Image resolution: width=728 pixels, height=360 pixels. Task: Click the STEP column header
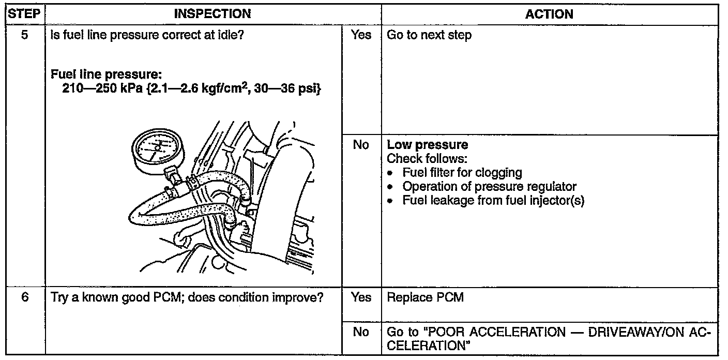[24, 14]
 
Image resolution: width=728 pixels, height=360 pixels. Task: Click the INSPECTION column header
[213, 14]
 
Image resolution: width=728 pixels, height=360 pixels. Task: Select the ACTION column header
[549, 14]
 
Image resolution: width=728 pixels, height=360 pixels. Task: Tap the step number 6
[24, 298]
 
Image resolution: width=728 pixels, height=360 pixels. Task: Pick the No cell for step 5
[361, 145]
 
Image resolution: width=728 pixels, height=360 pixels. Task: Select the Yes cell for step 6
[361, 298]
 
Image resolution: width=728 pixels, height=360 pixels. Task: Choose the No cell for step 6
[361, 332]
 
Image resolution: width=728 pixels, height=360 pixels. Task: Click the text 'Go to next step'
[429, 36]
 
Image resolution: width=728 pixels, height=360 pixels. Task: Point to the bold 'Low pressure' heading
[427, 145]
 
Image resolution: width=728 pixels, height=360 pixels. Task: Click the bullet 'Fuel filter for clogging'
[462, 173]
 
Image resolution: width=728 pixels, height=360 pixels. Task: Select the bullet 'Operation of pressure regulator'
[489, 186]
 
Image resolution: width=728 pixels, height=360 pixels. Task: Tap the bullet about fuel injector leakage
[493, 200]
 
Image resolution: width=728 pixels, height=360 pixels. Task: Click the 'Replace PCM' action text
[425, 298]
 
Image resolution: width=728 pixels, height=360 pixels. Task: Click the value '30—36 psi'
[295, 89]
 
